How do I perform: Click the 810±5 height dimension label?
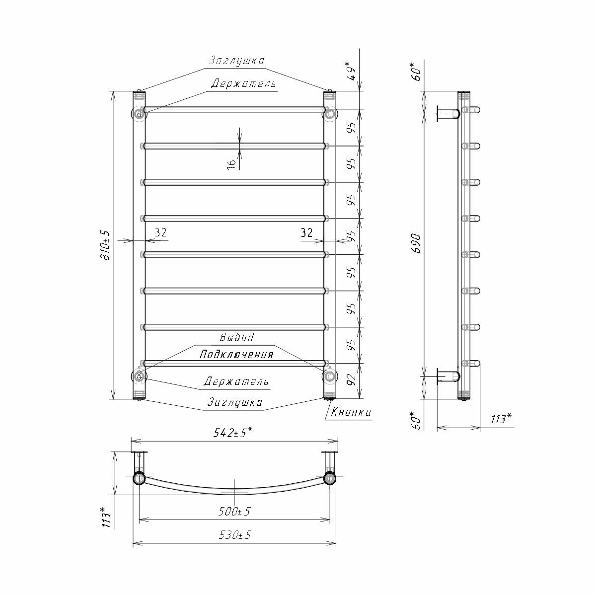click(x=106, y=245)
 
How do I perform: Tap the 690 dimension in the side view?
click(x=417, y=243)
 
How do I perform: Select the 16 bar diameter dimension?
click(x=231, y=164)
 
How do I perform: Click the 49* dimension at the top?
click(x=352, y=72)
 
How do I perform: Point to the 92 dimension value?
click(x=352, y=379)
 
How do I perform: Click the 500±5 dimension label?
click(x=234, y=512)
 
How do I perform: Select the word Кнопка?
click(x=351, y=412)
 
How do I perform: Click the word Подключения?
click(x=236, y=355)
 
